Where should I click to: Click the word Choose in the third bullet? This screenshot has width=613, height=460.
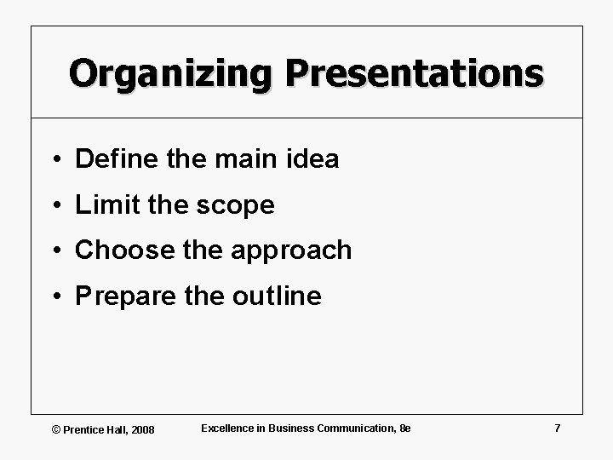point(118,250)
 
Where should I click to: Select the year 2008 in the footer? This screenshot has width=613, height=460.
point(142,429)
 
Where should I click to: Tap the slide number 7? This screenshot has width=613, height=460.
point(557,428)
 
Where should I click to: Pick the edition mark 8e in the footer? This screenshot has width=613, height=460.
point(404,428)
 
